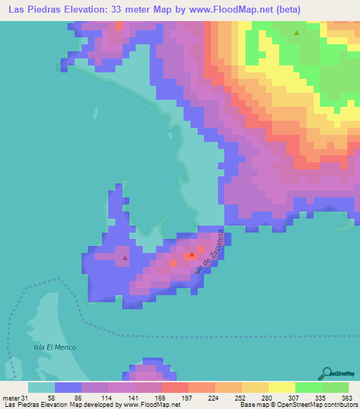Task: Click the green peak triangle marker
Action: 296,33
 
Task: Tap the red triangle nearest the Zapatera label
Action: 191,254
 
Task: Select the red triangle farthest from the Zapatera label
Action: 125,257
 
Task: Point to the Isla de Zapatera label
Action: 212,252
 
